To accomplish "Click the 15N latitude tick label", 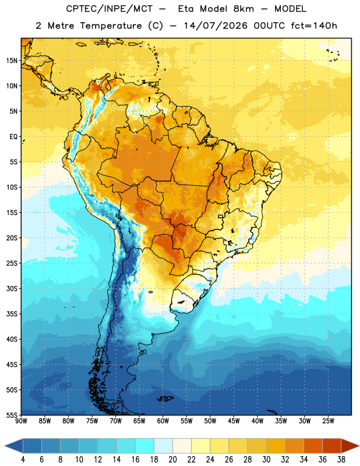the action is click(x=12, y=61).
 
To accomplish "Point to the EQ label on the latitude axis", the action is click(x=13, y=137).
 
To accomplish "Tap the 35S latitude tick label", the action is click(x=12, y=314).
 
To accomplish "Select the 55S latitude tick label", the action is click(x=12, y=415).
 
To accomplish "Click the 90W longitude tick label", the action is click(x=22, y=421).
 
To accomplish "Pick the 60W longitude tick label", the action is click(x=163, y=421).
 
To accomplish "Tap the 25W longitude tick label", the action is click(x=328, y=421).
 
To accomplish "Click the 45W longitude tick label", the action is click(x=234, y=421).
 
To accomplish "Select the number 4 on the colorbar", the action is click(x=23, y=460).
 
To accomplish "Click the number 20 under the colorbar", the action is click(x=172, y=460).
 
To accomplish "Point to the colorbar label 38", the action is click(x=341, y=460).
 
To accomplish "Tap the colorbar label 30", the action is click(x=266, y=460).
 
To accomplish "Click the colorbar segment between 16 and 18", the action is click(x=144, y=446).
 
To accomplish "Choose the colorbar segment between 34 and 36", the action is click(x=313, y=446).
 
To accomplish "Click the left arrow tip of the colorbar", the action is click(x=5, y=446).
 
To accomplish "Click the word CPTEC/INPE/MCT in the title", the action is click(x=109, y=9).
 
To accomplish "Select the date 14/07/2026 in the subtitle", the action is click(x=216, y=26).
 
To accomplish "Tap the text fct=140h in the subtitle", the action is click(x=314, y=26).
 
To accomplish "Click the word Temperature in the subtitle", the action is click(x=111, y=26).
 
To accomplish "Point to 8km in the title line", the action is click(x=243, y=9).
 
